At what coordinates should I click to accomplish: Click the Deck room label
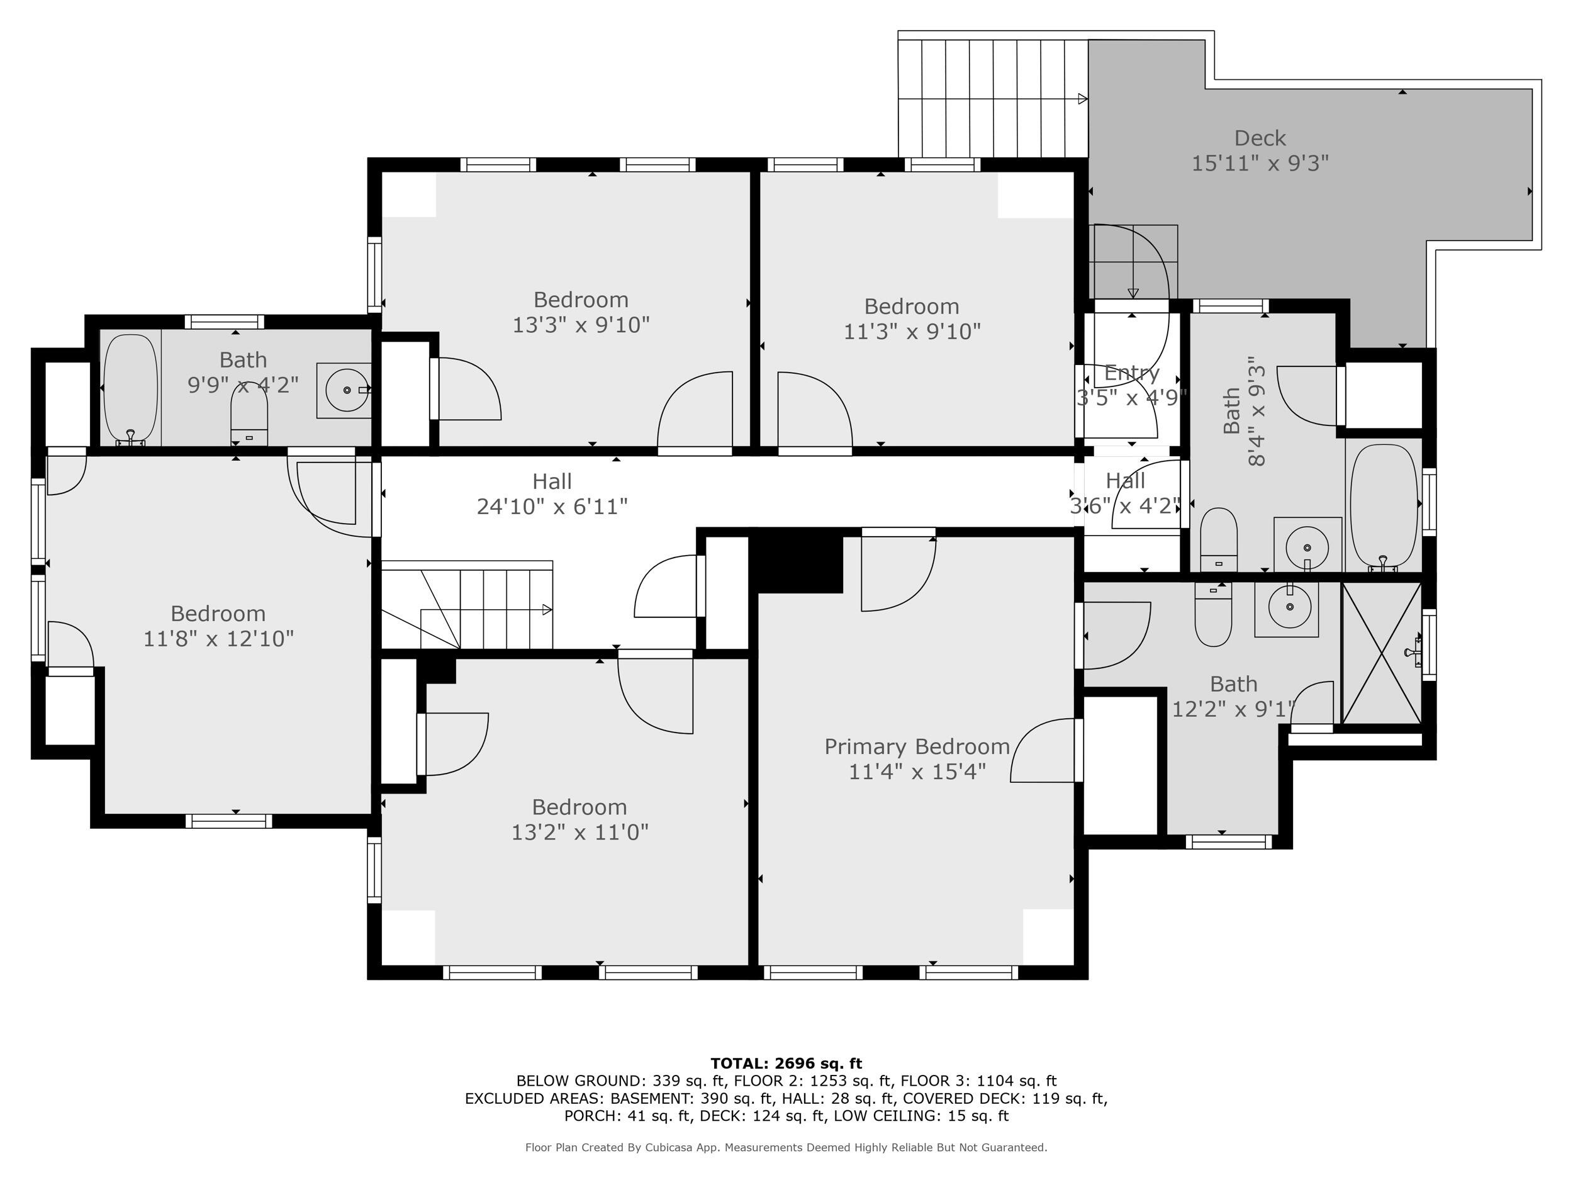pyautogui.click(x=1260, y=138)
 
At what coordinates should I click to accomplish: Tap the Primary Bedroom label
pyautogui.click(x=917, y=746)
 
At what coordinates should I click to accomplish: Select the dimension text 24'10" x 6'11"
pyautogui.click(x=552, y=507)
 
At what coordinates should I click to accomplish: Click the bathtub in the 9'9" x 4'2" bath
pyautogui.click(x=130, y=389)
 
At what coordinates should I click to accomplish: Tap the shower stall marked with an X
pyautogui.click(x=1380, y=653)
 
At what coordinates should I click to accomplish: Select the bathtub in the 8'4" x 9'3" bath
pyautogui.click(x=1383, y=505)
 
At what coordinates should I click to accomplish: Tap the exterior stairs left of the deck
pyautogui.click(x=992, y=98)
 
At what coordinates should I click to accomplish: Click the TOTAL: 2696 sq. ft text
pyautogui.click(x=786, y=1064)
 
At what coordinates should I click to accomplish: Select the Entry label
pyautogui.click(x=1131, y=372)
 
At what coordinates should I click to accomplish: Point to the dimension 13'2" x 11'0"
pyautogui.click(x=579, y=831)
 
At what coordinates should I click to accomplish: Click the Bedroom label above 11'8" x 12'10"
pyautogui.click(x=218, y=613)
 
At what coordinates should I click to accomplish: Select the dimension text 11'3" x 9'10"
pyautogui.click(x=912, y=332)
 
